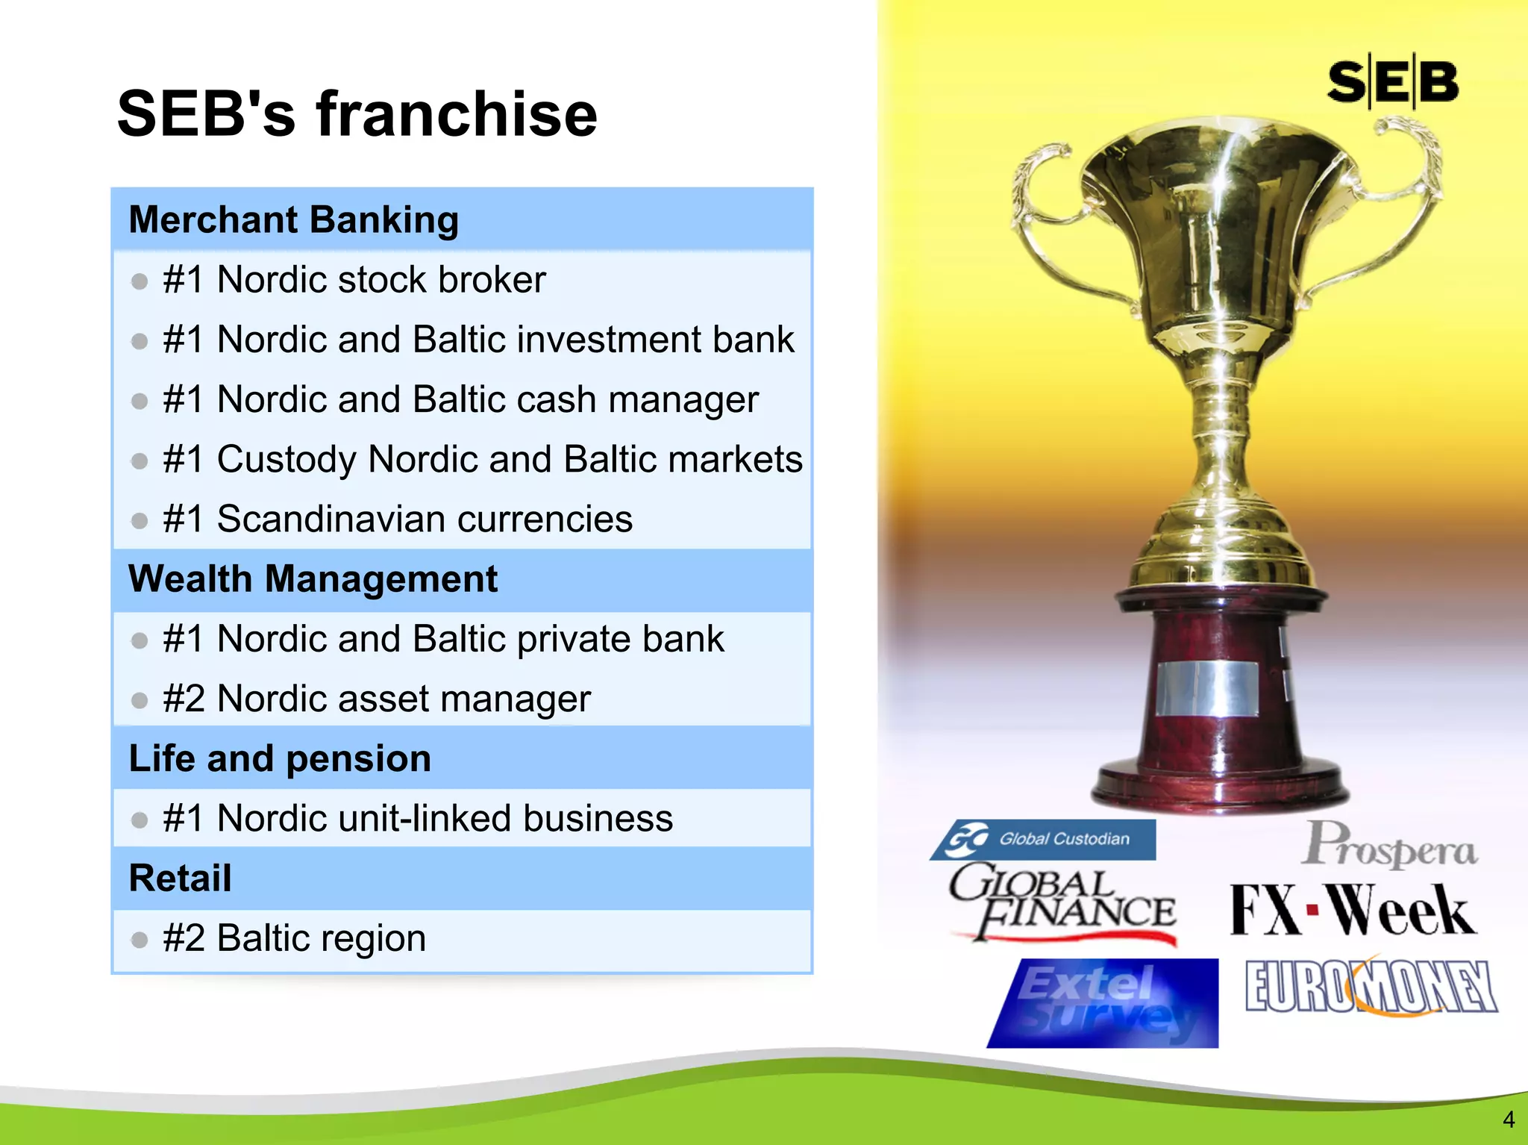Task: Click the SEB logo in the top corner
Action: point(1392,82)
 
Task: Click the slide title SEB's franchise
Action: point(357,113)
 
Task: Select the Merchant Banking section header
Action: point(293,219)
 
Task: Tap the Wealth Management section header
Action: point(313,578)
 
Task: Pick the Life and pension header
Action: point(280,758)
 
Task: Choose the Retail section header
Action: point(180,878)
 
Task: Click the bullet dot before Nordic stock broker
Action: point(140,281)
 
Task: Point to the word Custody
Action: point(286,459)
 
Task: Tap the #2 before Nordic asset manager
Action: point(184,699)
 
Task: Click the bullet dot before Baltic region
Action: point(140,940)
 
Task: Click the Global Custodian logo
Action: point(1044,839)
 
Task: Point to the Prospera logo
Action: point(1390,846)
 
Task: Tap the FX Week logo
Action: point(1351,910)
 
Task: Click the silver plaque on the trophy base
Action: point(1206,687)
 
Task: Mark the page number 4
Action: point(1508,1120)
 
